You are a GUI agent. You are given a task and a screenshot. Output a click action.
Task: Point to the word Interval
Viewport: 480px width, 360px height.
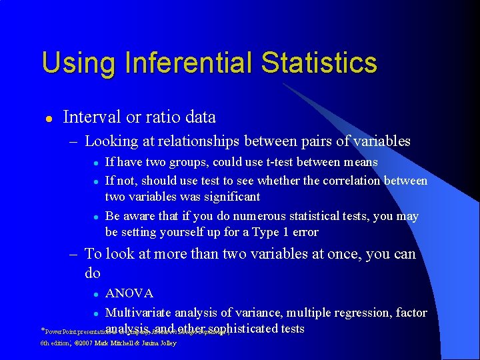(x=91, y=117)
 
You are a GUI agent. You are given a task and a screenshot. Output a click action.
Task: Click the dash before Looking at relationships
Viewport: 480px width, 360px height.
(x=75, y=141)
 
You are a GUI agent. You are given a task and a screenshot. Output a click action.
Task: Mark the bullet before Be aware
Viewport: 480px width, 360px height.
(x=97, y=217)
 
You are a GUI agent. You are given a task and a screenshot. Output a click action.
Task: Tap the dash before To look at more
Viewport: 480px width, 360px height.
(x=75, y=254)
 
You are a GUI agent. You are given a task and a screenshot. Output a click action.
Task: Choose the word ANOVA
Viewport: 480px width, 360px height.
(x=129, y=293)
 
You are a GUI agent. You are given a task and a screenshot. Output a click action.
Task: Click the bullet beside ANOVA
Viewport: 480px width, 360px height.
(x=97, y=294)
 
